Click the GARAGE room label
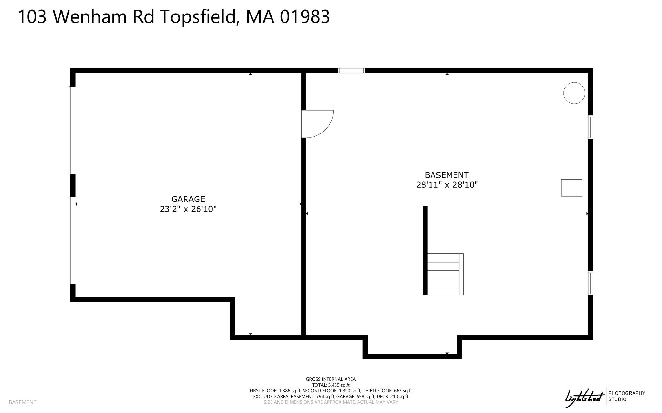pyautogui.click(x=188, y=199)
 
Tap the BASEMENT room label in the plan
pyautogui.click(x=446, y=175)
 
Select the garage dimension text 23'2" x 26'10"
pyautogui.click(x=188, y=209)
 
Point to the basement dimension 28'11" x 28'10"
pyautogui.click(x=447, y=185)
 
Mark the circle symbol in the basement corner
pyautogui.click(x=574, y=93)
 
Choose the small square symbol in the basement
pyautogui.click(x=571, y=188)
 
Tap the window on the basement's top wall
pyautogui.click(x=351, y=71)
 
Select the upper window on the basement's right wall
pyautogui.click(x=591, y=127)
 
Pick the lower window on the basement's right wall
pyautogui.click(x=591, y=283)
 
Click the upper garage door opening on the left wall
pyautogui.click(x=70, y=130)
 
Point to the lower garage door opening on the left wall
pyautogui.click(x=70, y=241)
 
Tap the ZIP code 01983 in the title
pyautogui.click(x=305, y=16)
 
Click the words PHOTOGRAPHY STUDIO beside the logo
pyautogui.click(x=626, y=396)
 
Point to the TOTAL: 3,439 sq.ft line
pyautogui.click(x=331, y=385)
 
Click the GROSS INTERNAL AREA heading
pyautogui.click(x=331, y=379)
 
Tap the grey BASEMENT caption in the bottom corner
pyautogui.click(x=23, y=402)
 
